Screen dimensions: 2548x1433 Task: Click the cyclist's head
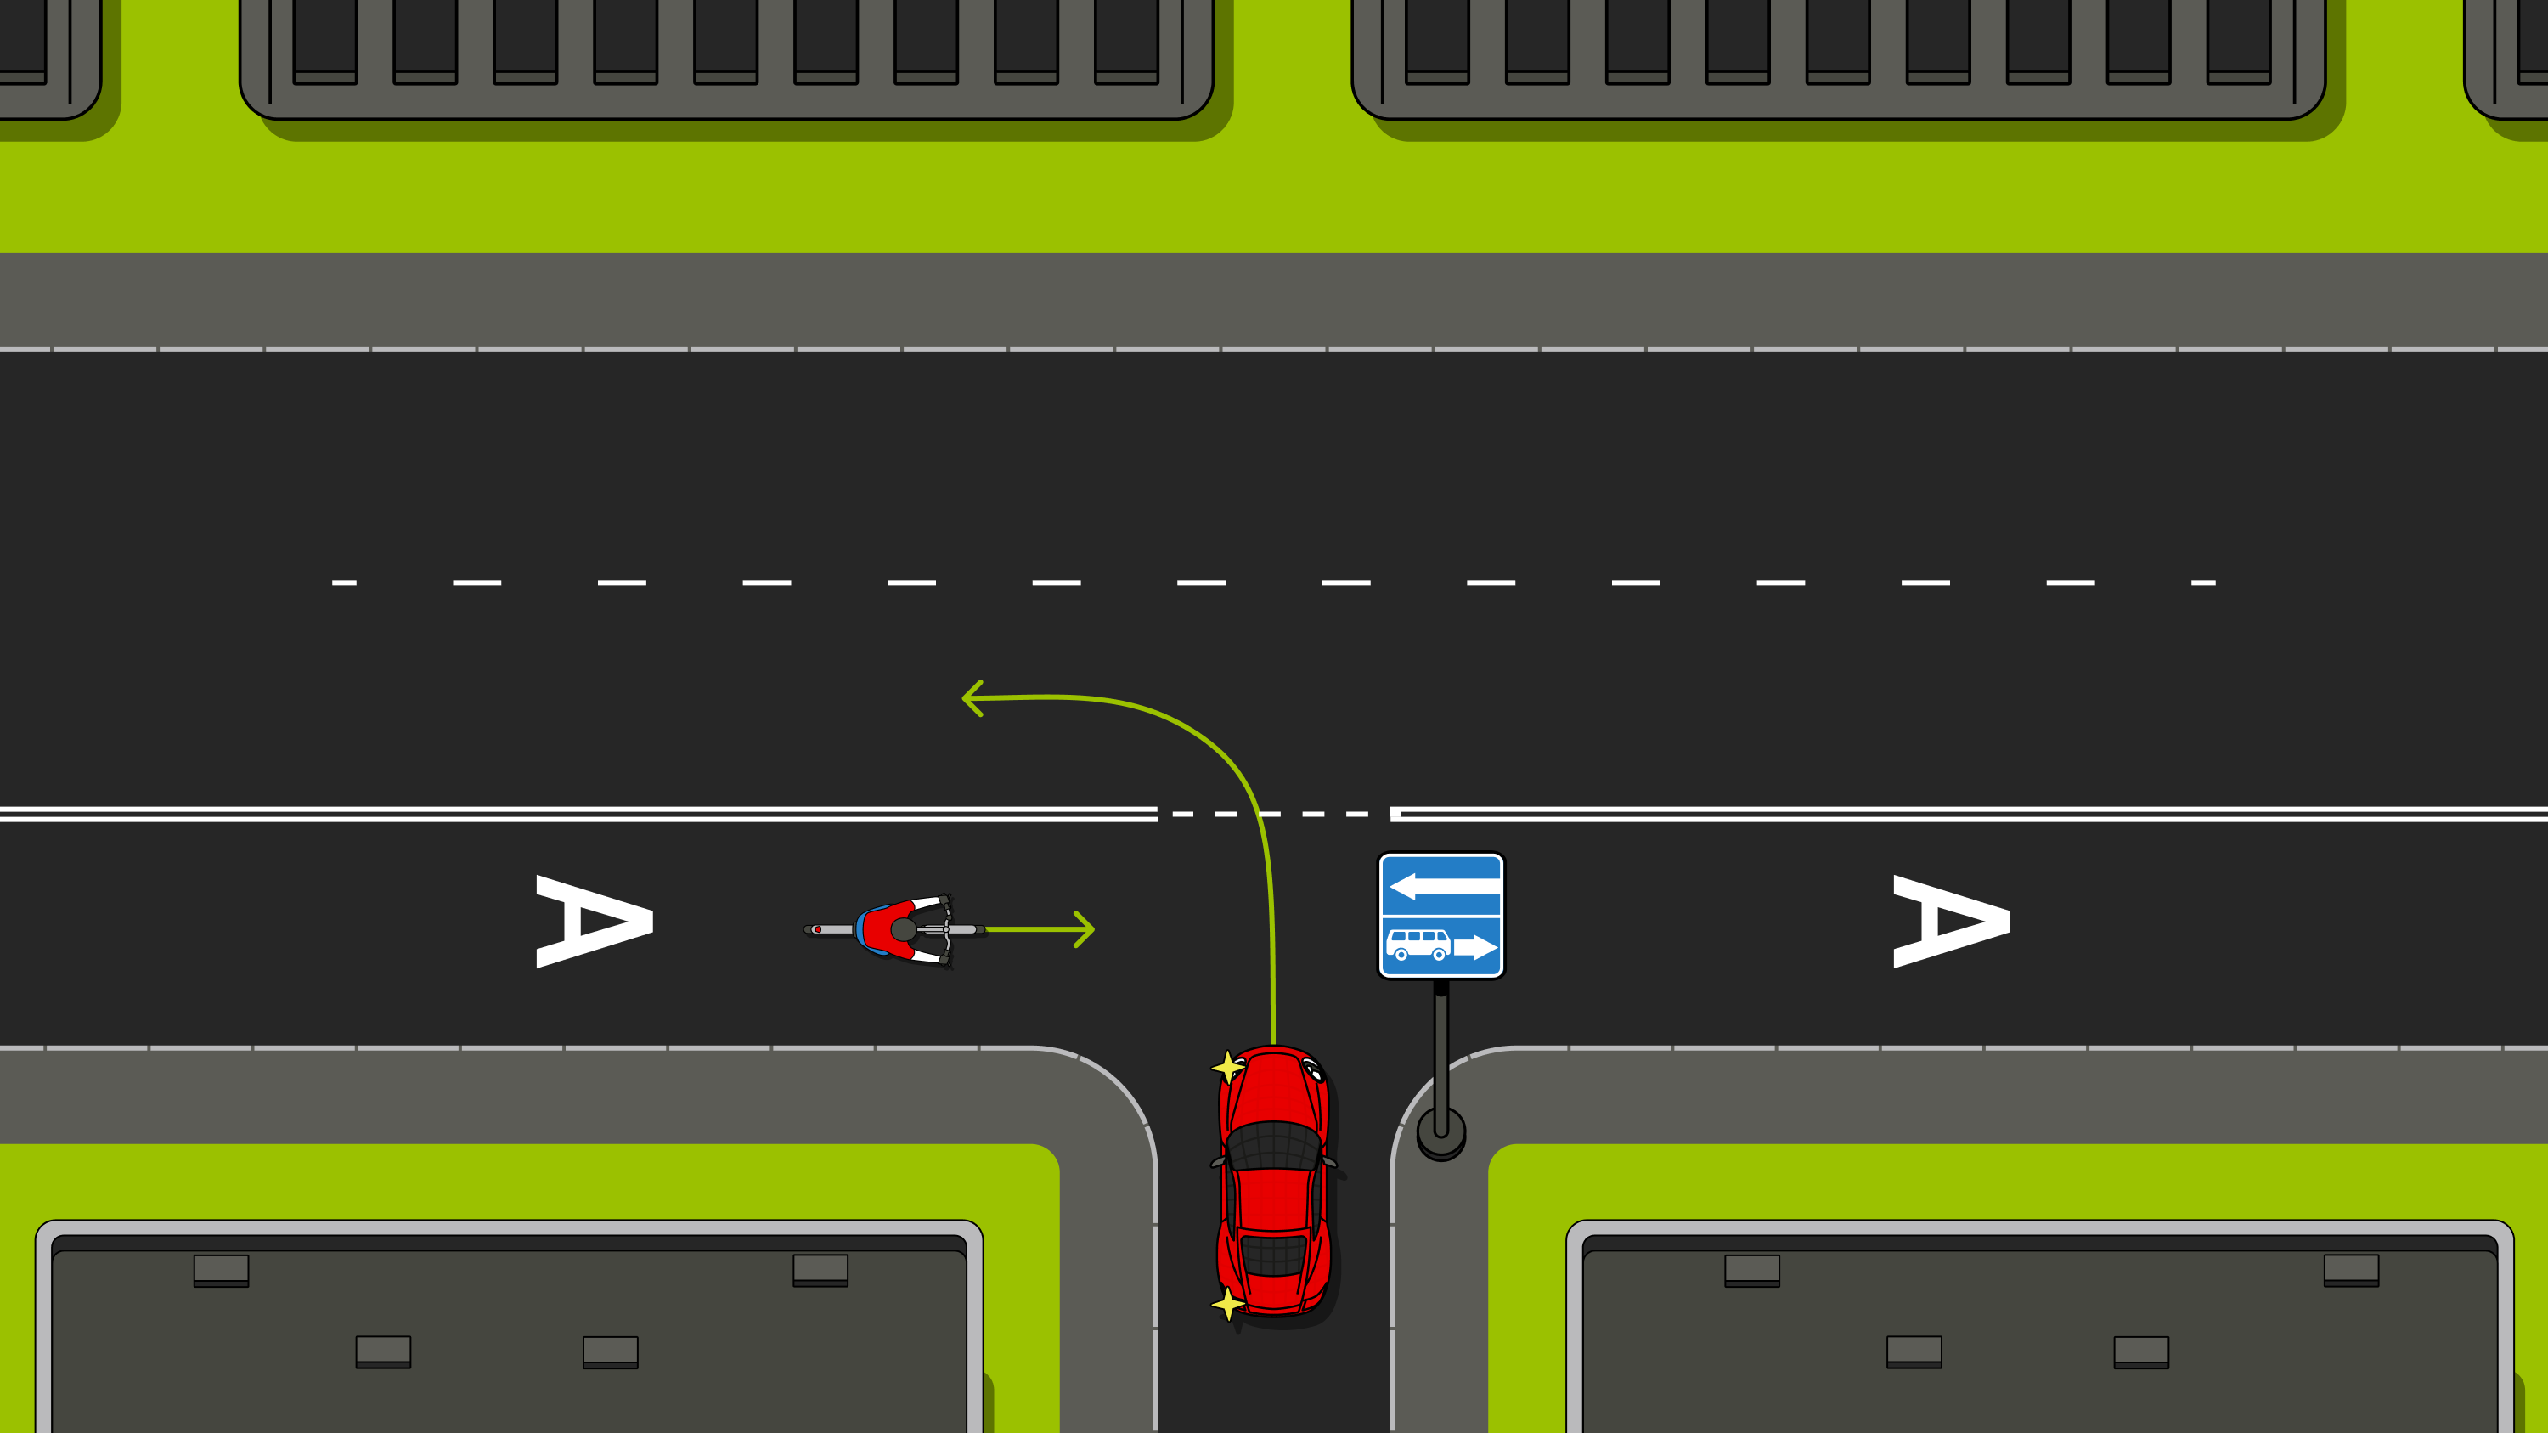[x=903, y=929]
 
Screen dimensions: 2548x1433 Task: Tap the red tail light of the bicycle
[x=817, y=929]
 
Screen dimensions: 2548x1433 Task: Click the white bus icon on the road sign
[x=1418, y=945]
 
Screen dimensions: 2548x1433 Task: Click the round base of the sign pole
[x=1441, y=1132]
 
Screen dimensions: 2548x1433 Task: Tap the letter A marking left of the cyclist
[x=595, y=921]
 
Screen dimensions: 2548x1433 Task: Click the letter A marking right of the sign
[x=1952, y=921]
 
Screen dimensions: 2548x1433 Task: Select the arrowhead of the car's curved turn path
[x=972, y=698]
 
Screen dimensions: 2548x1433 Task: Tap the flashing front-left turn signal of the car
[x=1227, y=1067]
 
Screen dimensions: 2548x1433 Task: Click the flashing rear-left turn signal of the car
[x=1227, y=1305]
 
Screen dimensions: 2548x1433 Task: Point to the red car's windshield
[x=1274, y=1146]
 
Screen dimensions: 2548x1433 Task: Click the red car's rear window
[x=1274, y=1255]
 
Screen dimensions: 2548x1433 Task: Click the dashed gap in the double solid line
[x=1276, y=814]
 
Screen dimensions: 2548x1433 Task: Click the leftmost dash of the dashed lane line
[x=343, y=583]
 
